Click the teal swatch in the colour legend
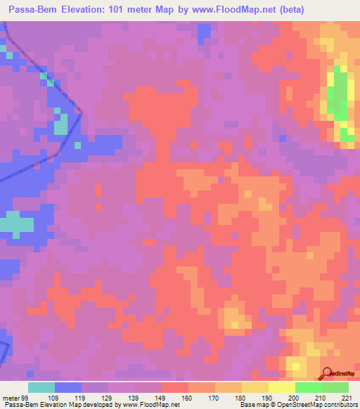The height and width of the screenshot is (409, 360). pyautogui.click(x=41, y=387)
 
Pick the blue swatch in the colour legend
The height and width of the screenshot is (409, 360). pyautogui.click(x=68, y=387)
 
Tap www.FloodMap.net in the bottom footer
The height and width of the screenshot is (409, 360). pyautogui.click(x=148, y=405)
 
